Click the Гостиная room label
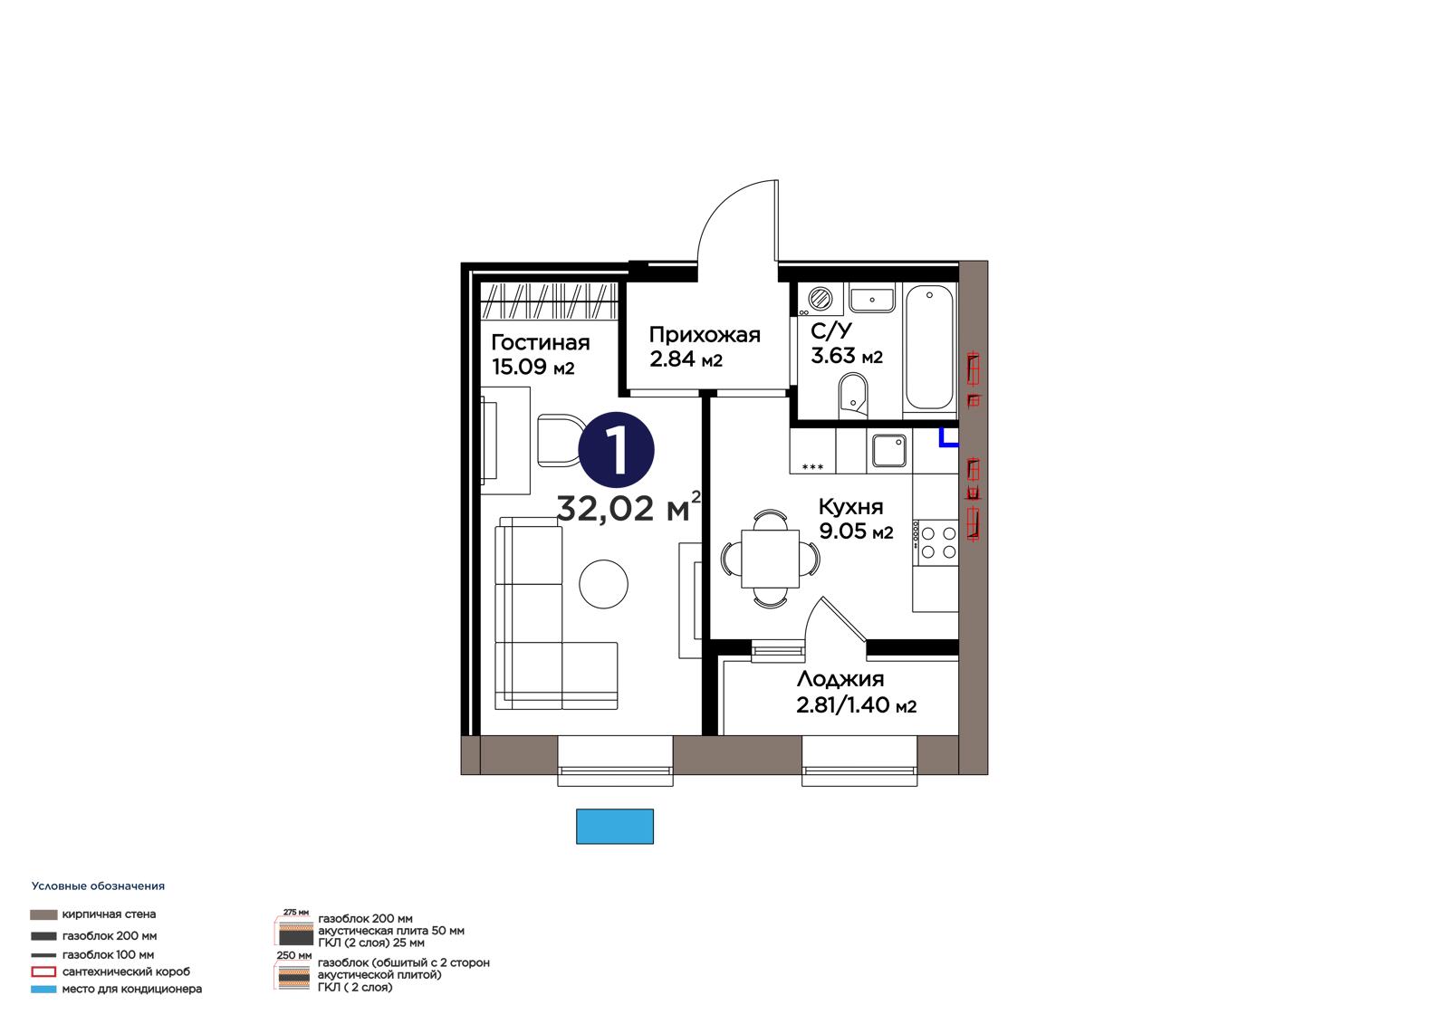[x=540, y=342]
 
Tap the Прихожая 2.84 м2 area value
[x=686, y=359]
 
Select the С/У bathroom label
[x=831, y=331]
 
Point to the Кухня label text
[x=850, y=506]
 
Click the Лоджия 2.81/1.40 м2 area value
[x=856, y=705]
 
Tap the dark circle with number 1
[x=616, y=450]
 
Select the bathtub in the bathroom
[x=929, y=348]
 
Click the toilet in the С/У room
[x=853, y=397]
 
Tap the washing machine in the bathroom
[x=820, y=299]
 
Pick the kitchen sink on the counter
[x=889, y=450]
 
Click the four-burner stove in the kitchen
[x=936, y=542]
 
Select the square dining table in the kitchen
[x=770, y=559]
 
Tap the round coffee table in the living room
[x=603, y=583]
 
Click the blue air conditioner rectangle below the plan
[x=615, y=826]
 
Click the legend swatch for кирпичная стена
[x=44, y=914]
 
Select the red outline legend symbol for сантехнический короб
[x=44, y=971]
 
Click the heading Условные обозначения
[x=98, y=886]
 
